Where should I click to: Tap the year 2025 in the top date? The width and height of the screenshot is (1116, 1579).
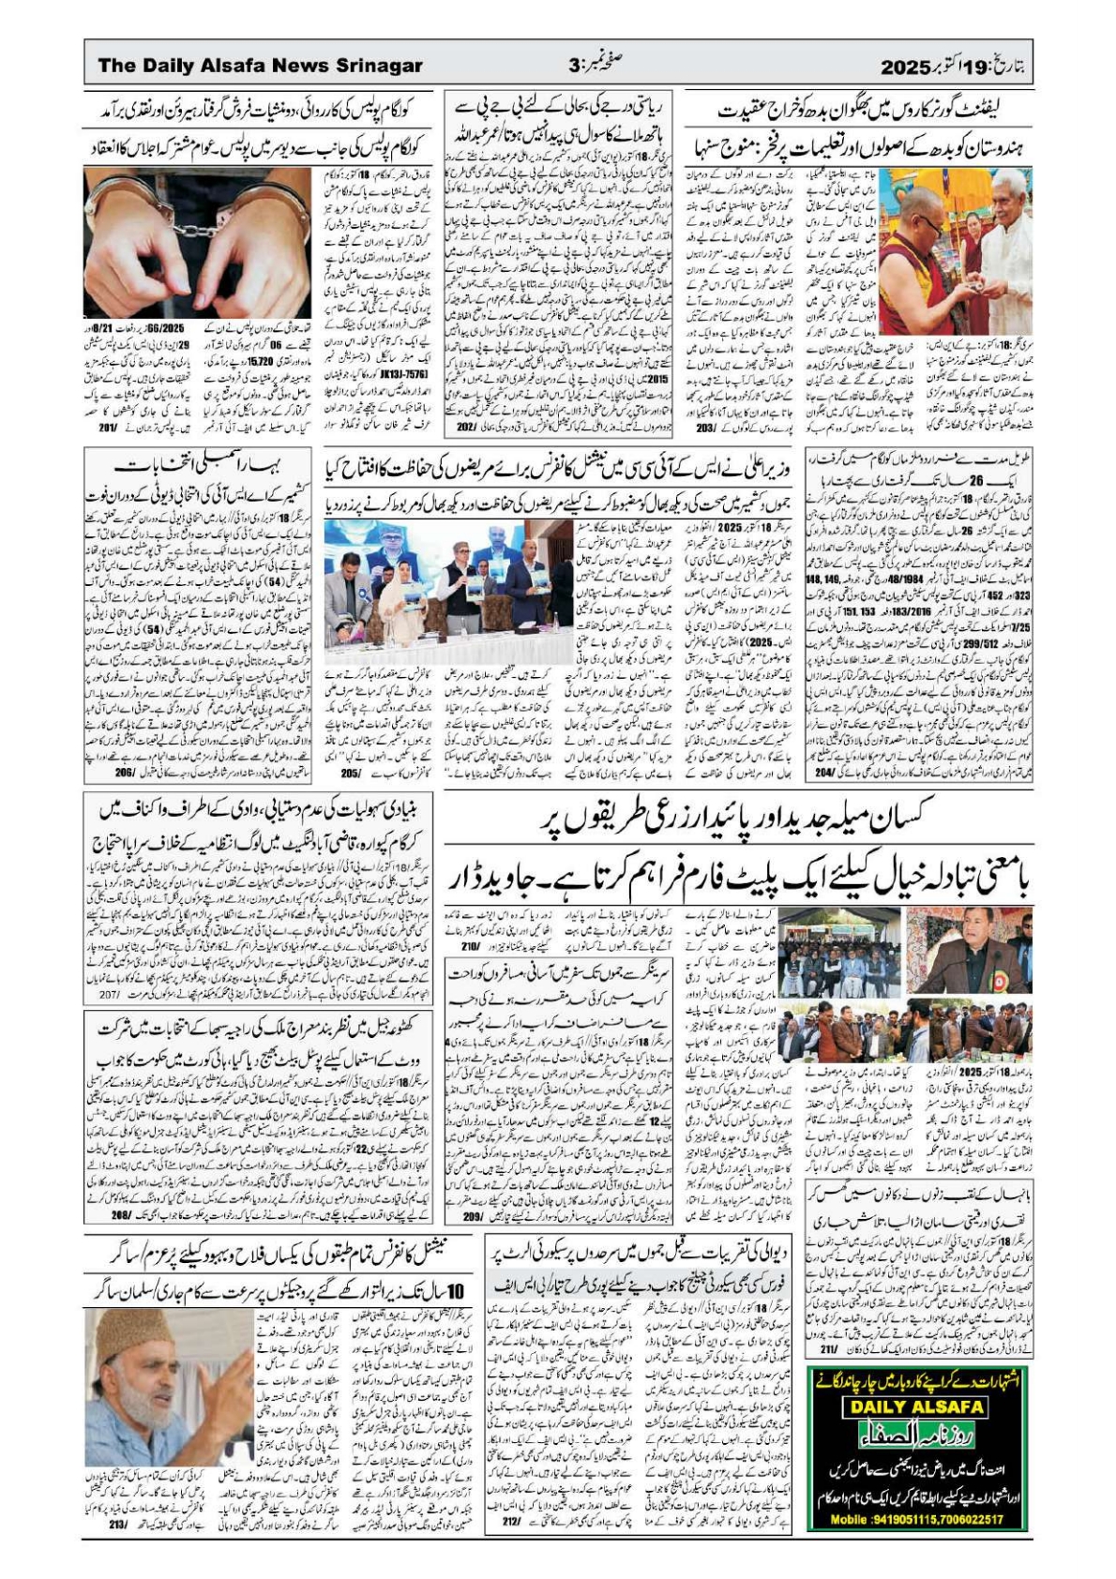pos(903,67)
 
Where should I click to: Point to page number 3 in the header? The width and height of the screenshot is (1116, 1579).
pos(576,66)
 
